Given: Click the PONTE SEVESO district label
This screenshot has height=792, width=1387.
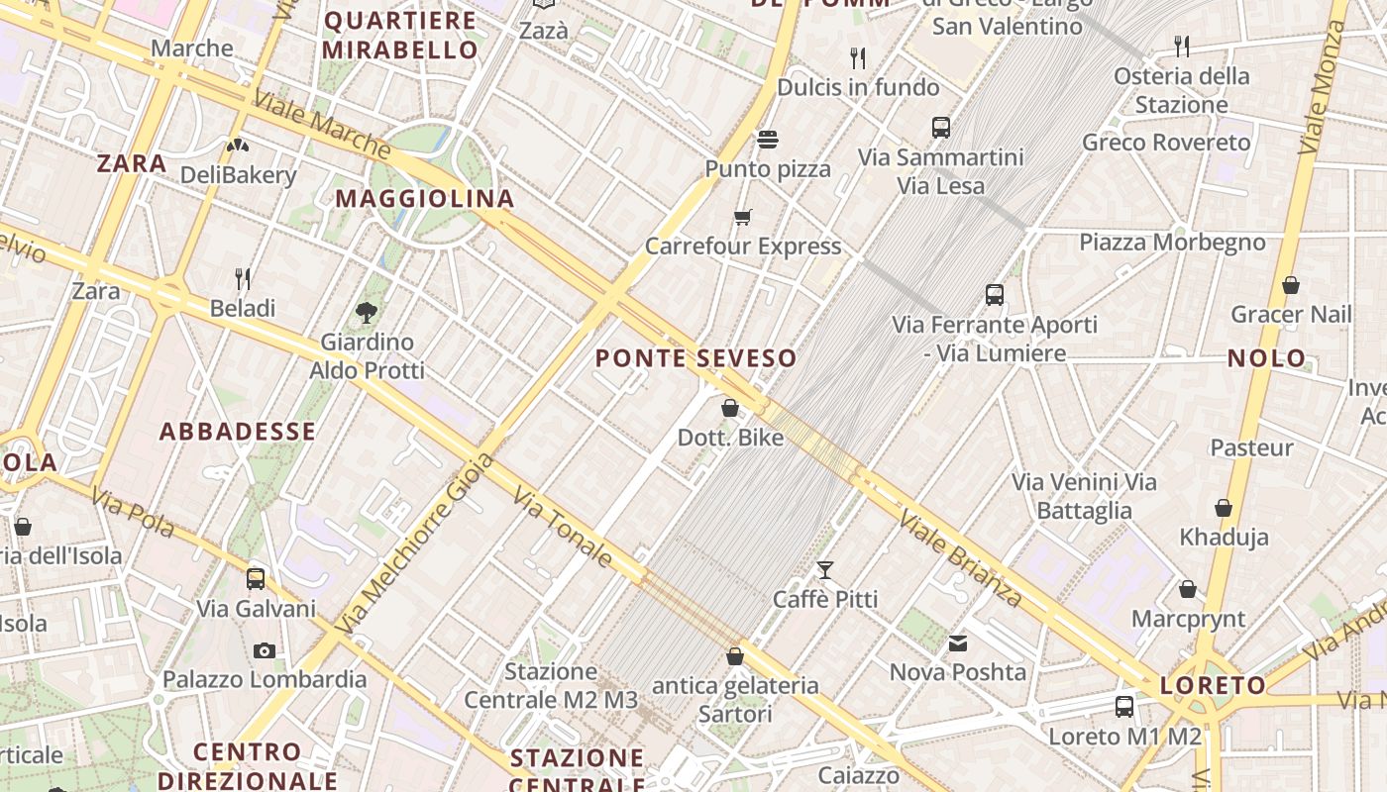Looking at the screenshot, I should [x=695, y=358].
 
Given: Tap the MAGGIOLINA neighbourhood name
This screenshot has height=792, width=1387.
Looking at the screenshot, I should [x=425, y=199].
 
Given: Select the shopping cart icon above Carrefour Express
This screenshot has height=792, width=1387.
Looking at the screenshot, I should [x=742, y=217].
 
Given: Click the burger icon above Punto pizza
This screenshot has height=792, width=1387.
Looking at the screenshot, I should [x=768, y=139].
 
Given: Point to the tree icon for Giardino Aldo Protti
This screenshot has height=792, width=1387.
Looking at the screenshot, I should [x=367, y=313].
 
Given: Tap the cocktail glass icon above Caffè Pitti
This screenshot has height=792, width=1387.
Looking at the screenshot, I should [x=824, y=569].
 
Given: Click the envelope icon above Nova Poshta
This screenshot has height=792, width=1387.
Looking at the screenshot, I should [x=958, y=643].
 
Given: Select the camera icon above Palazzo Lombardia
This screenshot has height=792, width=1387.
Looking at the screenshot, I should [x=264, y=650].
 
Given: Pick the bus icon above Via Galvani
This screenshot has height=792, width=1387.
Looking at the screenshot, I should [x=256, y=579].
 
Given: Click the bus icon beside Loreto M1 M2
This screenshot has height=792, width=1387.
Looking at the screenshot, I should [x=1124, y=707].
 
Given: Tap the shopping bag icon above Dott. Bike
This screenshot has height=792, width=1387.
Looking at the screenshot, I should [x=730, y=408].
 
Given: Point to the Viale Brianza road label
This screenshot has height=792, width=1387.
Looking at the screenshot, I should [x=959, y=558].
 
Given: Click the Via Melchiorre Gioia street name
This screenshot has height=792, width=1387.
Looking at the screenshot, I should [x=414, y=544].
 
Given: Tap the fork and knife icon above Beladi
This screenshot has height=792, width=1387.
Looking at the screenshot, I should [x=243, y=278].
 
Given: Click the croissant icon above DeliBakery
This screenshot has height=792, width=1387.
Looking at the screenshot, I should [x=238, y=146].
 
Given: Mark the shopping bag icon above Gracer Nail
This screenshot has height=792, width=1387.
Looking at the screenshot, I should [x=1291, y=286].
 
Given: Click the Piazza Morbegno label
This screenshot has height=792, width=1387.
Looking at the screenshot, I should [x=1172, y=243].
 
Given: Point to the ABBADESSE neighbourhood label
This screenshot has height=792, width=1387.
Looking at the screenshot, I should [x=238, y=432].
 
